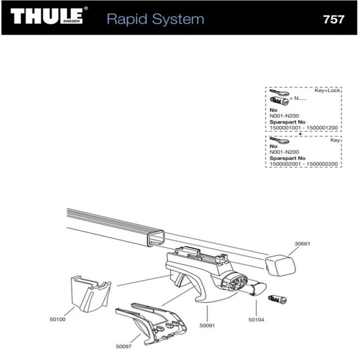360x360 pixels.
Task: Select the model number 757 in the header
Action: pyautogui.click(x=333, y=19)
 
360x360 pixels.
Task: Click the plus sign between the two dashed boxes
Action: pyautogui.click(x=300, y=134)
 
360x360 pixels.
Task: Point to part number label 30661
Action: pyautogui.click(x=303, y=244)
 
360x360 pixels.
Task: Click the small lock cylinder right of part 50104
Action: pyautogui.click(x=278, y=298)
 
